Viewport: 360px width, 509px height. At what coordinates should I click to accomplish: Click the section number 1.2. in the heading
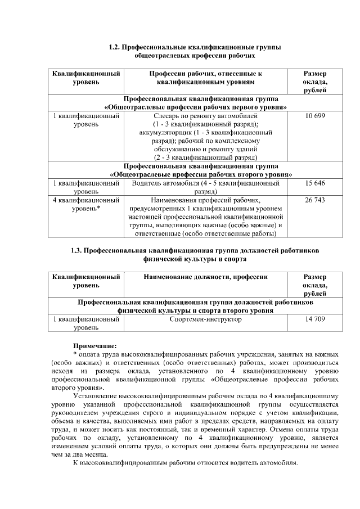pyautogui.click(x=114, y=48)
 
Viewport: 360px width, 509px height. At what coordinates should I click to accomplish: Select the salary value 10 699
pyautogui.click(x=315, y=116)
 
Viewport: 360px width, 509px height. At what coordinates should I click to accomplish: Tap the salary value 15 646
pyautogui.click(x=315, y=183)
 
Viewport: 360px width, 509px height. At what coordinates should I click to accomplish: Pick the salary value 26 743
pyautogui.click(x=315, y=200)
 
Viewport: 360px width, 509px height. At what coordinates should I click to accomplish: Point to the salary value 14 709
pyautogui.click(x=315, y=319)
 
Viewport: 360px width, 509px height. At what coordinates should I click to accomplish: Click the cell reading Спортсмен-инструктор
pyautogui.click(x=205, y=319)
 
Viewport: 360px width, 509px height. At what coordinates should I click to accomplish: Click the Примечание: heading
pyautogui.click(x=94, y=345)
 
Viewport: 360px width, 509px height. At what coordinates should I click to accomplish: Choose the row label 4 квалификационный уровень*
pyautogui.click(x=86, y=204)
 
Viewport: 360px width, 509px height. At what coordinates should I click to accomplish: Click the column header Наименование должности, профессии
pyautogui.click(x=205, y=277)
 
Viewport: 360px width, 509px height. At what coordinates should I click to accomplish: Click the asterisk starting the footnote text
pyautogui.click(x=75, y=354)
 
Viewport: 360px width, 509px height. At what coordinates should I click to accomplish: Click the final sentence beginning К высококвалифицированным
pyautogui.click(x=185, y=462)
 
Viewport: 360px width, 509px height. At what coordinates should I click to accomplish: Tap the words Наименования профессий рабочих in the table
pyautogui.click(x=205, y=200)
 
